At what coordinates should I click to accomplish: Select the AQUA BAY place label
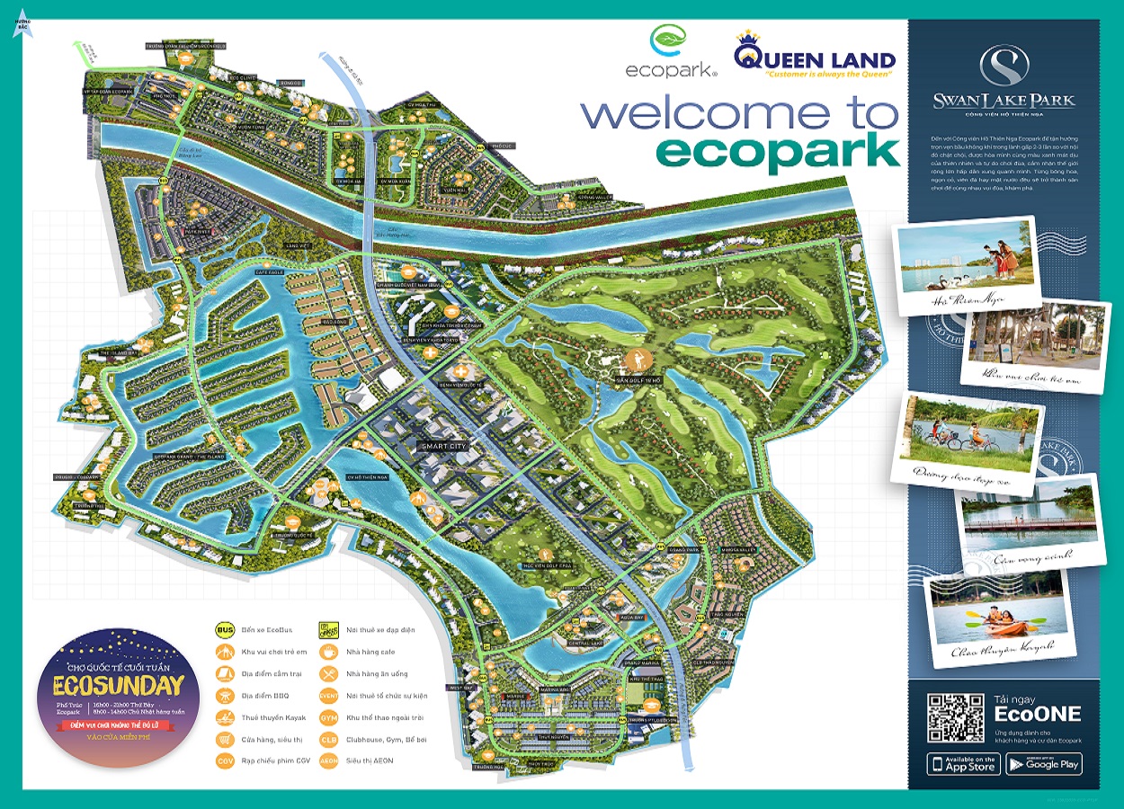click(633, 618)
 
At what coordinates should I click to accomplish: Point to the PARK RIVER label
click(197, 231)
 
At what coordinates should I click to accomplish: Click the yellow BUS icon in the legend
click(226, 629)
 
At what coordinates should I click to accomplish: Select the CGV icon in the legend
click(226, 760)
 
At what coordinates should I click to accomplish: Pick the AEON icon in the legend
click(329, 760)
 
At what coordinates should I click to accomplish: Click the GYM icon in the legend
click(329, 716)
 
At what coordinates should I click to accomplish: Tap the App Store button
click(963, 764)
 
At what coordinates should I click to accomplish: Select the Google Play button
click(1044, 764)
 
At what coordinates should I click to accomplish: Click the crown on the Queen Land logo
click(748, 40)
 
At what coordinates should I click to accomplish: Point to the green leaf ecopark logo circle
click(666, 41)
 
